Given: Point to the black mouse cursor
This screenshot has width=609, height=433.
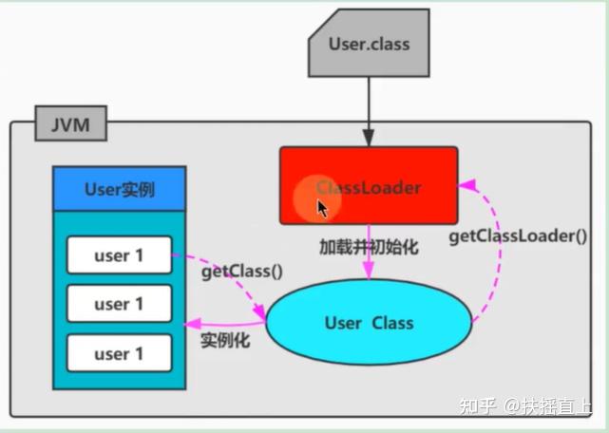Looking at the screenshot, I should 323,208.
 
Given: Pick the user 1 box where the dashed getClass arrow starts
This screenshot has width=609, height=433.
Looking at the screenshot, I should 119,254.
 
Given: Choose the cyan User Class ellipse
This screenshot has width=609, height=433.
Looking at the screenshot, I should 369,323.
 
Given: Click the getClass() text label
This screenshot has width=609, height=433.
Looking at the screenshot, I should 242,272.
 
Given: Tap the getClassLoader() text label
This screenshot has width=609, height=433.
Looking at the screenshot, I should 518,235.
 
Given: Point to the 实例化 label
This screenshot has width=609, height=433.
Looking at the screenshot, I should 225,340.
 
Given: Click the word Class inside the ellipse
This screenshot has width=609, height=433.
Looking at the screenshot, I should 392,323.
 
